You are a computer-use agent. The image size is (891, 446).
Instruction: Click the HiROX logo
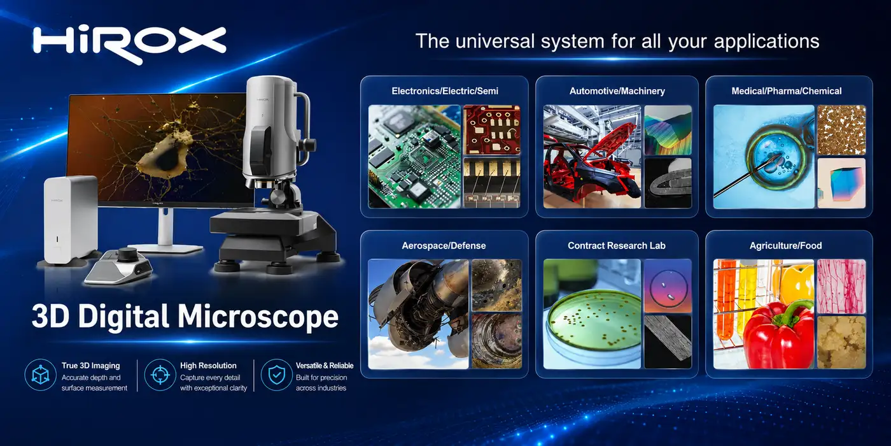[129, 45]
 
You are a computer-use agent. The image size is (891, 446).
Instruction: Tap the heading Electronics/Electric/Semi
[445, 91]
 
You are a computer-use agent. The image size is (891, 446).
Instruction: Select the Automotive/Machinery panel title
[617, 91]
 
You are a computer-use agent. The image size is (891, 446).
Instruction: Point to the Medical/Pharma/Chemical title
[787, 91]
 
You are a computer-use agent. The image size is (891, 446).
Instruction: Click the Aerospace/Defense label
[444, 246]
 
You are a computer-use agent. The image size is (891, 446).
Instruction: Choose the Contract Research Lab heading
[617, 246]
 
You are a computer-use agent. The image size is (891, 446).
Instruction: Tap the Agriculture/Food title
[785, 246]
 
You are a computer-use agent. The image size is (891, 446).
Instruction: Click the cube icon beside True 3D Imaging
[40, 375]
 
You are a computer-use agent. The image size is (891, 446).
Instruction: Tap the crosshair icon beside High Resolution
[160, 375]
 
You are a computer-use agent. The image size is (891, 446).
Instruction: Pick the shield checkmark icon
[276, 375]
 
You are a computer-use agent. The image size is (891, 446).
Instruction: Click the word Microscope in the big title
[258, 317]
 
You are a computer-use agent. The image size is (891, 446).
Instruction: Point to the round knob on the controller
[127, 254]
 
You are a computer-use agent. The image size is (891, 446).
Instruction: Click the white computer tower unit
[71, 219]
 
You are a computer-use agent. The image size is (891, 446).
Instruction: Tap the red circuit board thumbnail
[491, 129]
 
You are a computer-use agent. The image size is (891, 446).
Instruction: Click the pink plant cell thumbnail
[841, 286]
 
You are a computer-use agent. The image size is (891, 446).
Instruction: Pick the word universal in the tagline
[495, 41]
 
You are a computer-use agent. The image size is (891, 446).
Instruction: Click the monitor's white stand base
[165, 248]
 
